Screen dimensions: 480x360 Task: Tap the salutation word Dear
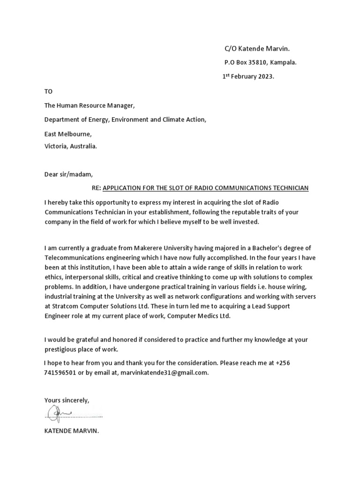pos(52,174)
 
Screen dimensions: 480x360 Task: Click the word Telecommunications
pos(76,257)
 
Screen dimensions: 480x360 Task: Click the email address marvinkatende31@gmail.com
pos(164,373)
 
